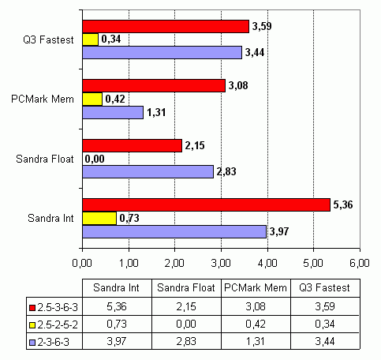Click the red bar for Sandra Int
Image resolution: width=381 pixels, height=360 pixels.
click(x=207, y=204)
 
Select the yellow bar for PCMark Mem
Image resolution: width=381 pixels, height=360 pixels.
click(x=92, y=99)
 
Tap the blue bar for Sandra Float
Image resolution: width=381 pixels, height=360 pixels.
click(x=148, y=171)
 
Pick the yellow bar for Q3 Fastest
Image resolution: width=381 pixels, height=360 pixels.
click(x=91, y=39)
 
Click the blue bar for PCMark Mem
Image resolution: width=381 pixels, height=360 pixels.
click(x=113, y=112)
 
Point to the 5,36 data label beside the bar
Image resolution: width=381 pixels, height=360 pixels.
click(x=343, y=204)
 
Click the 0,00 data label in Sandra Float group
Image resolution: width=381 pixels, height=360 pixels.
click(x=95, y=159)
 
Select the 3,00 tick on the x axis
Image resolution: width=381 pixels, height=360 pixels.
click(x=221, y=263)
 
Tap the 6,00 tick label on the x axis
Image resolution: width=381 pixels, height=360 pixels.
click(x=360, y=263)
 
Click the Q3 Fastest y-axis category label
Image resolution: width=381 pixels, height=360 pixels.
click(x=48, y=39)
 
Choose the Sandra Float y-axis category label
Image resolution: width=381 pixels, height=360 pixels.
click(x=45, y=159)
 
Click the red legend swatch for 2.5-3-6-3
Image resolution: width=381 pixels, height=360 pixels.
click(x=32, y=308)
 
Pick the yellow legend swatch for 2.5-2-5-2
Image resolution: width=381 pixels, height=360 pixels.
click(x=32, y=325)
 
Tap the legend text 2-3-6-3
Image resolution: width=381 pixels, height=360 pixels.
click(x=54, y=342)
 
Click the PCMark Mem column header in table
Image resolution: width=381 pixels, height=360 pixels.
click(x=256, y=287)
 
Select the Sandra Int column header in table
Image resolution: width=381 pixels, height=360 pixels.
click(x=116, y=287)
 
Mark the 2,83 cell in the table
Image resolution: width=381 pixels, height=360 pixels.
click(x=186, y=341)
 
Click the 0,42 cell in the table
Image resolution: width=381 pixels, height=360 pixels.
click(x=256, y=324)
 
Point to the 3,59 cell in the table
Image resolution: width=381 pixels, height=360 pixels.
click(x=325, y=306)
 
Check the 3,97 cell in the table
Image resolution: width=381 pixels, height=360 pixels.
click(x=117, y=341)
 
